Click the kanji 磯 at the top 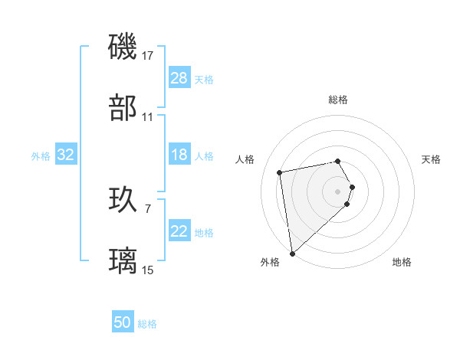pos(123,47)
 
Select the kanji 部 pos(123,108)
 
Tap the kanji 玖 pos(123,198)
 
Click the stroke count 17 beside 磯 pos(148,55)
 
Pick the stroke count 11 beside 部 pos(148,117)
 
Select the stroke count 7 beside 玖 pos(148,207)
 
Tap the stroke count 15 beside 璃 pos(148,270)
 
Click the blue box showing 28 pos(179,78)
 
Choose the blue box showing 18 pos(179,155)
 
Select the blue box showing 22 pos(179,231)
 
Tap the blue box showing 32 pos(66,155)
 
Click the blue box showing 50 pos(123,322)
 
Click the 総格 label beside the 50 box pos(147,324)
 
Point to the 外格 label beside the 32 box pos(41,156)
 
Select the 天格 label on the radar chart pos(431,159)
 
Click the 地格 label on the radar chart pos(402,262)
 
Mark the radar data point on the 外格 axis pos(292,253)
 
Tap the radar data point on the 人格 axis pos(280,172)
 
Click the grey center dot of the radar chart pos(338,191)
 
